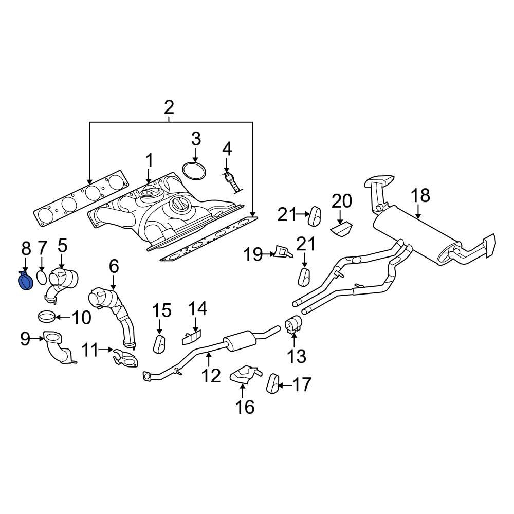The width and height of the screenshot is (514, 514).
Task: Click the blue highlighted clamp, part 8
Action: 25,281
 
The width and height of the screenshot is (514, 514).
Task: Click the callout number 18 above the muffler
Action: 420,196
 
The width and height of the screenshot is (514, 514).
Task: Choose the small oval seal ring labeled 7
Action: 43,278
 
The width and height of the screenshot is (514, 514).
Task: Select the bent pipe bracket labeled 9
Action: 59,350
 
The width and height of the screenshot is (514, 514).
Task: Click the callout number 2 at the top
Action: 169,107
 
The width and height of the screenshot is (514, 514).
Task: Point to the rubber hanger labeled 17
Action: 273,383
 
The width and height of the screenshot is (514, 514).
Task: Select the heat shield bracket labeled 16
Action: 244,375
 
